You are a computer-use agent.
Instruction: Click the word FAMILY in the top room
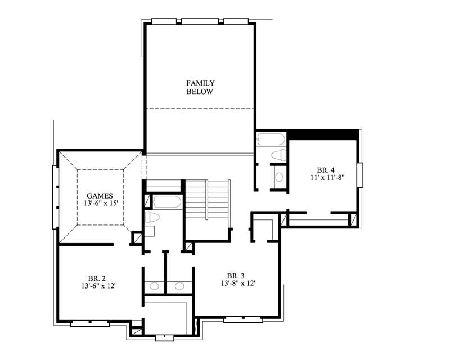tap(200, 83)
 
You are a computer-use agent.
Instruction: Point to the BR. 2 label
tap(97, 278)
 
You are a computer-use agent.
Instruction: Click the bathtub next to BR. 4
tap(271, 139)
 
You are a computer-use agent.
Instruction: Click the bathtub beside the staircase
tap(167, 202)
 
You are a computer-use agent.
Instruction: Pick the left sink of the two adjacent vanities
tap(154, 286)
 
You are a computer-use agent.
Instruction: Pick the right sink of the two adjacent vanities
tap(179, 286)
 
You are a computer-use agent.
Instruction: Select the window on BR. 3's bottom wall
tap(243, 319)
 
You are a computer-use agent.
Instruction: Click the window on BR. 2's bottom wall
tap(90, 323)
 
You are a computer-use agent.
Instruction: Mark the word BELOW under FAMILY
tap(200, 92)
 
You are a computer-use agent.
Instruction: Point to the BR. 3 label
tap(236, 276)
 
